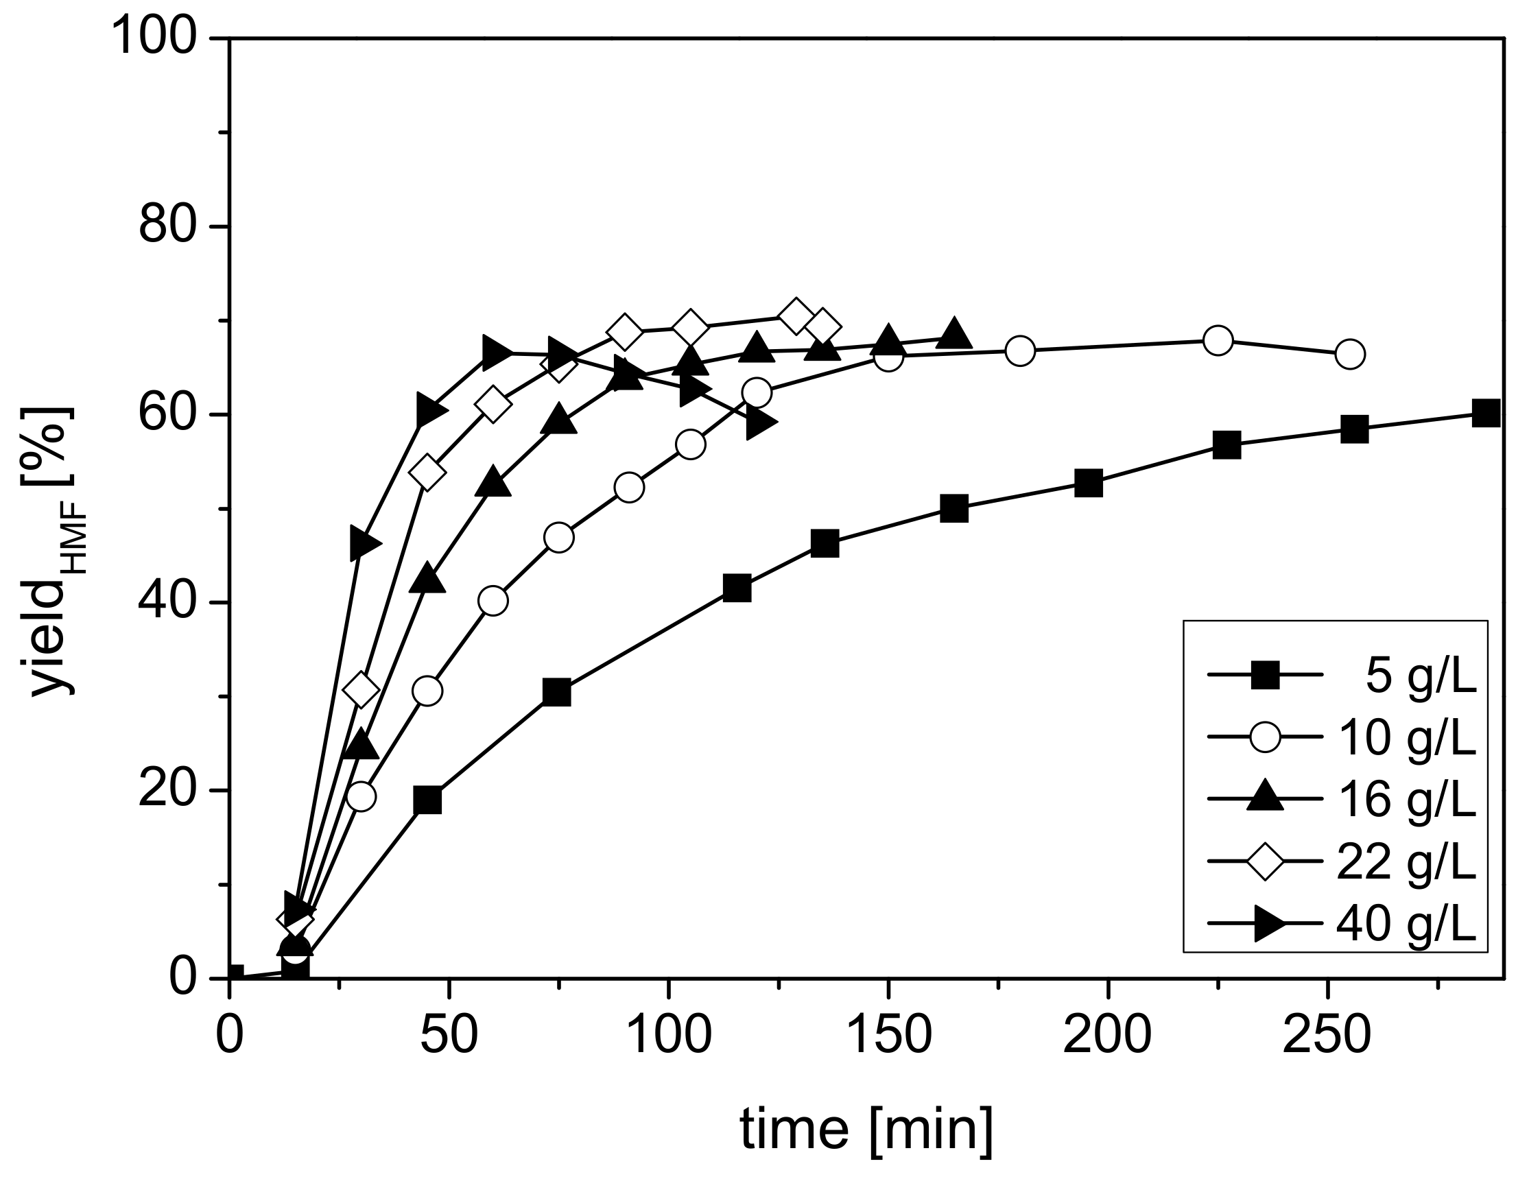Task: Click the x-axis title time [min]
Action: coord(866,1129)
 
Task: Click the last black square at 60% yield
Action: coord(1486,413)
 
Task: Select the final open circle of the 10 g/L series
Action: coord(1350,355)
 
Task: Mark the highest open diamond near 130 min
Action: coord(795,316)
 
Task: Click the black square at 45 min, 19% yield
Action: coord(427,800)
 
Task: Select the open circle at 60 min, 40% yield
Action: coord(493,601)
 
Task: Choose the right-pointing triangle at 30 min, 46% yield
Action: coord(364,543)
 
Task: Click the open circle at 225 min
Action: coord(1218,340)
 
